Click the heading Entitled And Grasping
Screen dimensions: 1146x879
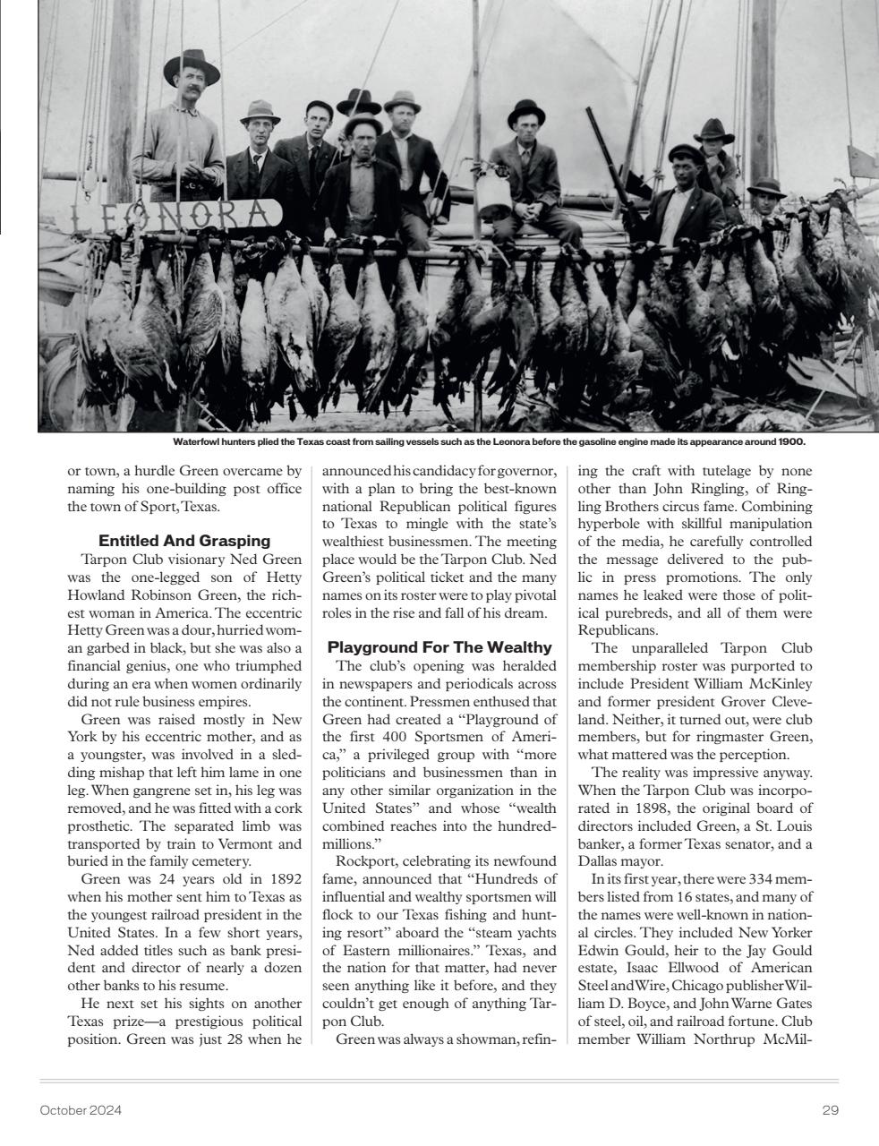point(184,541)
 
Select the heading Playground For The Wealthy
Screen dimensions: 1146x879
point(439,647)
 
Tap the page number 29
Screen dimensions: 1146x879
point(830,1110)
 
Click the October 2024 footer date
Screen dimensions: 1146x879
point(81,1110)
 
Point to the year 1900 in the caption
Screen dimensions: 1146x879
point(791,441)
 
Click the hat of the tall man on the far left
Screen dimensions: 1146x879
point(192,67)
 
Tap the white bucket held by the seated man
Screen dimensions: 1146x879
point(493,197)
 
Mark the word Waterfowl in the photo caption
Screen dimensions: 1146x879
point(200,441)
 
